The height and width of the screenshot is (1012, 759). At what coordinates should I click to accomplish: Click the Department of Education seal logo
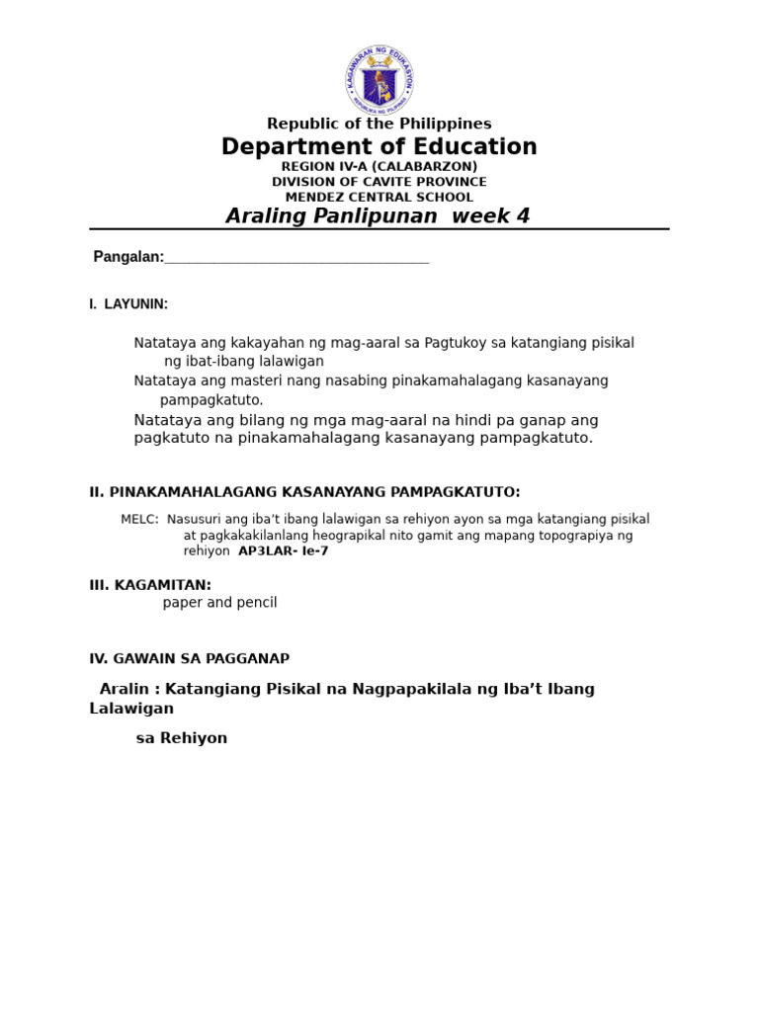pyautogui.click(x=379, y=80)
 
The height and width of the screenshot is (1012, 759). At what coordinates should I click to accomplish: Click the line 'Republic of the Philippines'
pyautogui.click(x=379, y=124)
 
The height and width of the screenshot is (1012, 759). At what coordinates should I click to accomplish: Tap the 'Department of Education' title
pyautogui.click(x=379, y=147)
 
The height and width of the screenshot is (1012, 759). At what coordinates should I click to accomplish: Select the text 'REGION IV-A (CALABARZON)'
pyautogui.click(x=379, y=167)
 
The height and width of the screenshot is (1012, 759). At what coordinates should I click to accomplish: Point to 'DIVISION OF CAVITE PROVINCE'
pyautogui.click(x=379, y=182)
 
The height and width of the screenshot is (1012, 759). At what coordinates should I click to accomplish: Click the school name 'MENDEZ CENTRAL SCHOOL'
pyautogui.click(x=379, y=197)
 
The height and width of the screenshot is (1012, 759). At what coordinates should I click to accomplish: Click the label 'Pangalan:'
pyautogui.click(x=128, y=257)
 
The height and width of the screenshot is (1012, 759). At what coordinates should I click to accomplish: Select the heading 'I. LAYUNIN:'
pyautogui.click(x=128, y=304)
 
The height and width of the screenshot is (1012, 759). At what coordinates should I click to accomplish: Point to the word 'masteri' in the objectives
pyautogui.click(x=254, y=380)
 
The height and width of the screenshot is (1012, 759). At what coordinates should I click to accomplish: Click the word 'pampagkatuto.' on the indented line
pyautogui.click(x=211, y=400)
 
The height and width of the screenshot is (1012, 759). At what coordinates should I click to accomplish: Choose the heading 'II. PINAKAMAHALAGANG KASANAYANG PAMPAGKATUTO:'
pyautogui.click(x=304, y=492)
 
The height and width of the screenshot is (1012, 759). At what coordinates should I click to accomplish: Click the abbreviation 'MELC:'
pyautogui.click(x=139, y=519)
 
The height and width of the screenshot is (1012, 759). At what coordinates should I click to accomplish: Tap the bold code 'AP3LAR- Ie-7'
pyautogui.click(x=284, y=551)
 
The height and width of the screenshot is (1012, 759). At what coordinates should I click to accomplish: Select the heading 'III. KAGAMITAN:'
pyautogui.click(x=150, y=585)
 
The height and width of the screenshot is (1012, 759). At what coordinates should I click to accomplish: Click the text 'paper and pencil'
pyautogui.click(x=219, y=603)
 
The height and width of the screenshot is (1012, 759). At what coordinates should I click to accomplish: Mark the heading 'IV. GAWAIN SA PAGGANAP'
pyautogui.click(x=189, y=658)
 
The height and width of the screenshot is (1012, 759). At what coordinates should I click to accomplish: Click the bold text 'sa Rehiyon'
pyautogui.click(x=182, y=738)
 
